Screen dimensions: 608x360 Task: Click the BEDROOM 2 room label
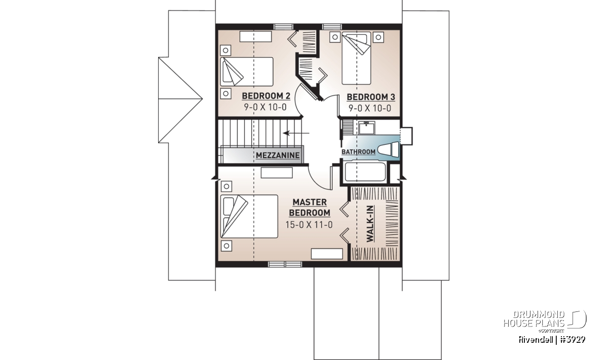tap(266, 96)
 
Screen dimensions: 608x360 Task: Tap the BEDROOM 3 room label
tap(371, 97)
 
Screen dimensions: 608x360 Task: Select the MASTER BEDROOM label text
tap(310, 208)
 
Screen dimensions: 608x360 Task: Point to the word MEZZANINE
tap(278, 155)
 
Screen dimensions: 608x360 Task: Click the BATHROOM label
tap(358, 152)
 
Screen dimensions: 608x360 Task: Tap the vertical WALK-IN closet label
tap(370, 224)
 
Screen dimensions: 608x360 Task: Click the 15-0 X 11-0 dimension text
tap(309, 225)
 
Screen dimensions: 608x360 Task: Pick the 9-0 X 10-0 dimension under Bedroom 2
tap(265, 107)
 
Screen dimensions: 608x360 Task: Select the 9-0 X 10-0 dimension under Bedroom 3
tap(370, 108)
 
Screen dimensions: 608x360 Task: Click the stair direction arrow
tap(296, 133)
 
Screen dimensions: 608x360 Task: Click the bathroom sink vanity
tap(366, 128)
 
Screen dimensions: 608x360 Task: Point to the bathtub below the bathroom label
tap(365, 172)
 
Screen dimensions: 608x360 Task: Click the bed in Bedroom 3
tap(356, 58)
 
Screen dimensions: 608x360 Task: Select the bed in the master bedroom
tap(249, 216)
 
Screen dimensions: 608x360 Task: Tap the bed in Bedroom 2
tap(246, 71)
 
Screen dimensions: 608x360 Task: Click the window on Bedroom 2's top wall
tap(283, 27)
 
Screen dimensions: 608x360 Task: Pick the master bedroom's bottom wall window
tap(285, 264)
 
